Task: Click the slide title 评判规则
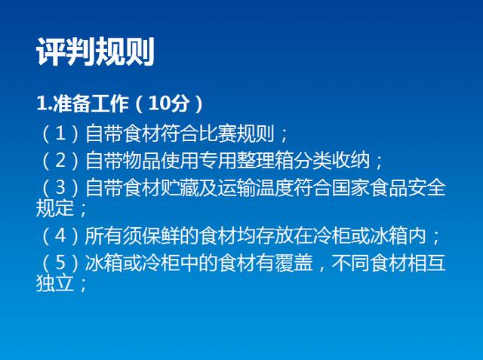(x=95, y=51)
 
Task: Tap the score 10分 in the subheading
(x=168, y=103)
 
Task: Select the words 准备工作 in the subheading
(x=91, y=103)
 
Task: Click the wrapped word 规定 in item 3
(x=55, y=208)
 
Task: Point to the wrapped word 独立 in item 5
(x=55, y=283)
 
